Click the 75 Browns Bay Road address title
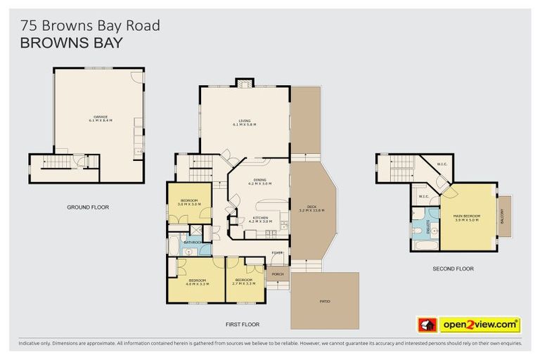(x=90, y=25)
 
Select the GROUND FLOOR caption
(x=88, y=207)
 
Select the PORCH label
(x=277, y=274)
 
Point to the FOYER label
(x=278, y=252)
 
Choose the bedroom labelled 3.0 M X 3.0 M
(x=189, y=202)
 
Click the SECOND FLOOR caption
(x=453, y=269)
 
